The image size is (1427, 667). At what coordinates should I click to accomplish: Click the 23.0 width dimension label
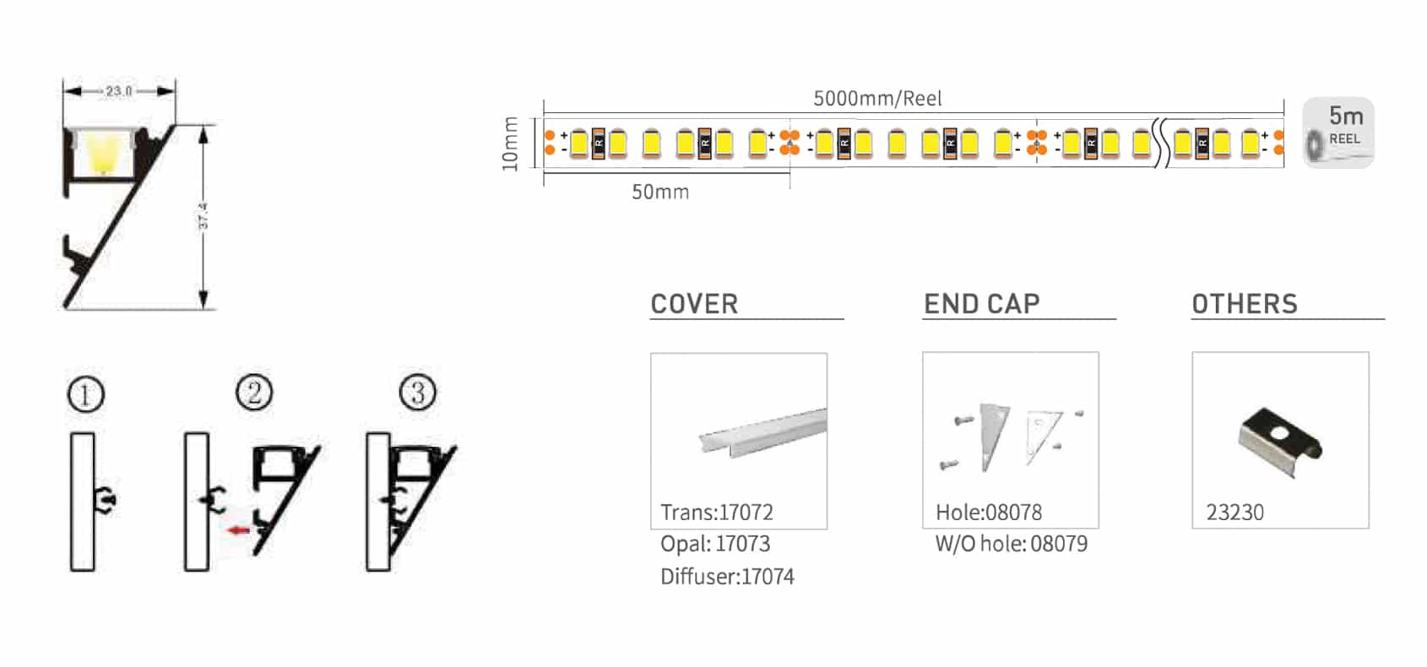click(118, 90)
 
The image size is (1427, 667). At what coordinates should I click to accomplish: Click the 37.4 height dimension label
click(203, 216)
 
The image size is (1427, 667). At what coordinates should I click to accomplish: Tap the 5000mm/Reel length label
click(877, 99)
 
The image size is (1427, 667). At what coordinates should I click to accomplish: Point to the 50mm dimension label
click(660, 193)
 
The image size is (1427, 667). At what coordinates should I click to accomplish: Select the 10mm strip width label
click(510, 144)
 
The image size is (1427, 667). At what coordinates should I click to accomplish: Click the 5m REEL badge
click(1338, 133)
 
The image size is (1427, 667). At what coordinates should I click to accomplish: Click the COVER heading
click(694, 304)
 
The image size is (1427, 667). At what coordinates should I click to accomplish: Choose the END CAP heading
click(981, 304)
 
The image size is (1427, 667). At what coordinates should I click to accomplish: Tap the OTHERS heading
click(1245, 304)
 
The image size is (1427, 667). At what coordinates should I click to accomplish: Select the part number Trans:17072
click(716, 512)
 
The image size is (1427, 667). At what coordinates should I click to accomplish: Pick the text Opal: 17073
click(715, 544)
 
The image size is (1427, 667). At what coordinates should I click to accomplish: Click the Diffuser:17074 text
click(727, 577)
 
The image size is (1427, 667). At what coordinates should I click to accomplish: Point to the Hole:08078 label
click(989, 512)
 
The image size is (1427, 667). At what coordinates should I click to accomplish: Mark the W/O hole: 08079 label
click(1011, 544)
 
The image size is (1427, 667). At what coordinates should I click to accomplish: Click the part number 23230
click(1234, 512)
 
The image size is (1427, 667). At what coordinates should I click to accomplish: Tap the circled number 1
click(85, 395)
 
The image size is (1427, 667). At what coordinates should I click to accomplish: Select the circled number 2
click(254, 393)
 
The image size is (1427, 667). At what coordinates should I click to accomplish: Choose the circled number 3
click(417, 393)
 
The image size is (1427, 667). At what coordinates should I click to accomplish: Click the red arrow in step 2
click(240, 530)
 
